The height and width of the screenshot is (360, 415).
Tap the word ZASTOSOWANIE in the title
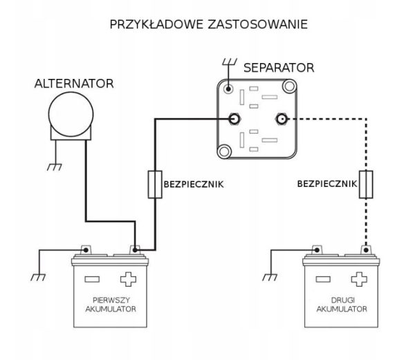coord(257,25)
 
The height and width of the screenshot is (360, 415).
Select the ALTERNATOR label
coord(74,84)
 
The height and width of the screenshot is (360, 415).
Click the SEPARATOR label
coord(279,68)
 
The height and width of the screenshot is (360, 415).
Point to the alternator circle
coord(71,114)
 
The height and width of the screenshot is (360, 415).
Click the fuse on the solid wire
coord(155,185)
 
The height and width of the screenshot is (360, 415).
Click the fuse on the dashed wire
coord(366,185)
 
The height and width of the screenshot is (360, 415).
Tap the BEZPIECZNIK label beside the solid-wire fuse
coord(194,184)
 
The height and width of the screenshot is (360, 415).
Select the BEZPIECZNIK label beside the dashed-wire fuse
coord(327,184)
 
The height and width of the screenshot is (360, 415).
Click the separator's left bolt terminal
coord(234,119)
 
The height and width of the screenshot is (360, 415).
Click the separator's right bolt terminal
coord(282,119)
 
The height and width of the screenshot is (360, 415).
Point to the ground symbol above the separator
coord(229,62)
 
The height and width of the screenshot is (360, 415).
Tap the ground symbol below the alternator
coord(55,168)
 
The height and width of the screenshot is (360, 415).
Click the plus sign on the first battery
coord(128,279)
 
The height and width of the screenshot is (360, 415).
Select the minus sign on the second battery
coord(323,279)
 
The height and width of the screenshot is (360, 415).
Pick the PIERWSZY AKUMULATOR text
coord(111,305)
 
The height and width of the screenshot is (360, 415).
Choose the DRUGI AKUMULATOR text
coord(342,305)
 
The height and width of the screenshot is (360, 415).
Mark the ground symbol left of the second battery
coord(270,278)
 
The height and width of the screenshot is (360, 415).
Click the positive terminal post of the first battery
coord(135,250)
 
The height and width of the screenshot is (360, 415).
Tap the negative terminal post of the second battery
coord(317,250)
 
